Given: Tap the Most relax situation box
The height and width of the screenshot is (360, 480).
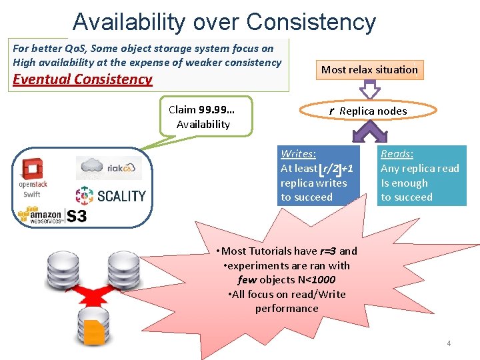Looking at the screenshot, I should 369,69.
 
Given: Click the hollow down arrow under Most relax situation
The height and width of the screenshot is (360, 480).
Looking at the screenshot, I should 370,90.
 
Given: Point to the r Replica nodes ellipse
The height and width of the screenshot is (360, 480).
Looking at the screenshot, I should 367,111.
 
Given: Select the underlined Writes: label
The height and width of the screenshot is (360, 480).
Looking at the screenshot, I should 298,154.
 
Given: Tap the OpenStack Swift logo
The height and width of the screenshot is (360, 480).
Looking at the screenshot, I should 32,178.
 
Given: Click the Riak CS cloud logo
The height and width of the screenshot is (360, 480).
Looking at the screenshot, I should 109,167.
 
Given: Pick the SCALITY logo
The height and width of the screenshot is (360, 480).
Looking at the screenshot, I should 111,195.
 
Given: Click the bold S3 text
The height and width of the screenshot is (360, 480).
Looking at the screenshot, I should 76,216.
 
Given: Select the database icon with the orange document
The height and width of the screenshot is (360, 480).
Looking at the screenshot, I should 93,327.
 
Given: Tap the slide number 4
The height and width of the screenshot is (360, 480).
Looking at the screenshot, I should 449,343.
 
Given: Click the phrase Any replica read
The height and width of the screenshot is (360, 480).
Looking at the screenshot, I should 419,169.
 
